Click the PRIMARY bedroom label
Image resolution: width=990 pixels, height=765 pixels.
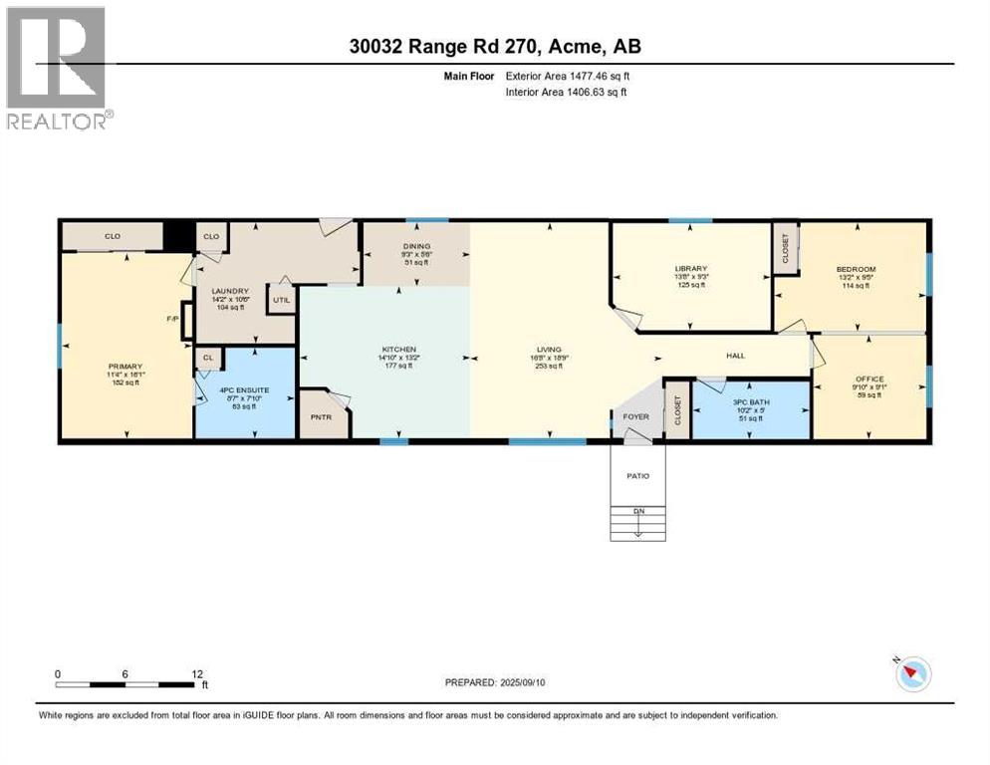click(126, 367)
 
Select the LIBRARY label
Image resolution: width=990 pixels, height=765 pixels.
click(690, 269)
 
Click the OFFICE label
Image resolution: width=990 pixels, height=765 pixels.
click(869, 379)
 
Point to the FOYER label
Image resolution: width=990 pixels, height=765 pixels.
click(636, 417)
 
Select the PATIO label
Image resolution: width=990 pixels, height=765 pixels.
click(637, 476)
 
